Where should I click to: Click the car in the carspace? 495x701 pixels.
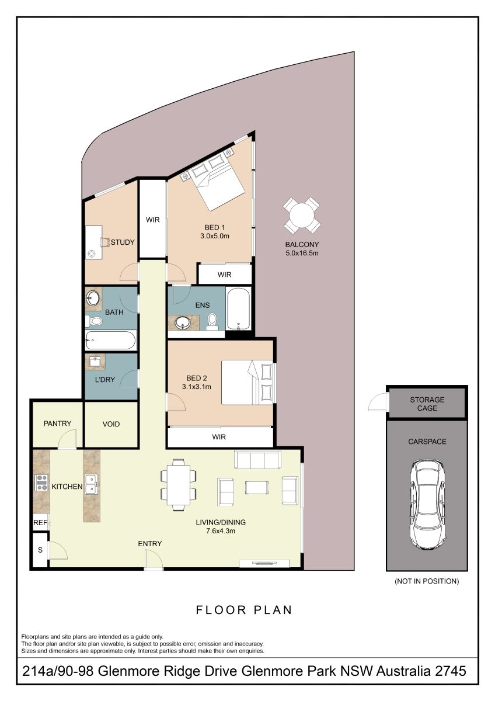[x=427, y=505]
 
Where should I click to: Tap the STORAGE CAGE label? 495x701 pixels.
[x=427, y=404]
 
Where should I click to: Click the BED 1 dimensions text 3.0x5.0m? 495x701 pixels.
[x=214, y=236]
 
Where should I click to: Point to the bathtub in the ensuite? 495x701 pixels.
[x=238, y=309]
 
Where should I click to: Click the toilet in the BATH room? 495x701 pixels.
[x=94, y=321]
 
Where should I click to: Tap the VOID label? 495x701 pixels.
[x=111, y=424]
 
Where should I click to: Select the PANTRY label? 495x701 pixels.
[x=57, y=424]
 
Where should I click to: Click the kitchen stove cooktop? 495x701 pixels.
[x=41, y=483]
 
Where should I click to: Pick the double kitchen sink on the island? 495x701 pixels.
[x=91, y=484]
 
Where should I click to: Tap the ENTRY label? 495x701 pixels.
[x=150, y=544]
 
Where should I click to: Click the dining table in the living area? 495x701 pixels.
[x=179, y=485]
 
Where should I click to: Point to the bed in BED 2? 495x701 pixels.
[x=247, y=383]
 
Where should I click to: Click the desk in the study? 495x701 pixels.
[x=94, y=242]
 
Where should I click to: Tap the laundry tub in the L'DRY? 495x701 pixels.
[x=94, y=362]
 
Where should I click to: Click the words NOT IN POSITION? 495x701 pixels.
[x=427, y=581]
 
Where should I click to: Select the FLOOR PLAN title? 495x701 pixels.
[x=244, y=610]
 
